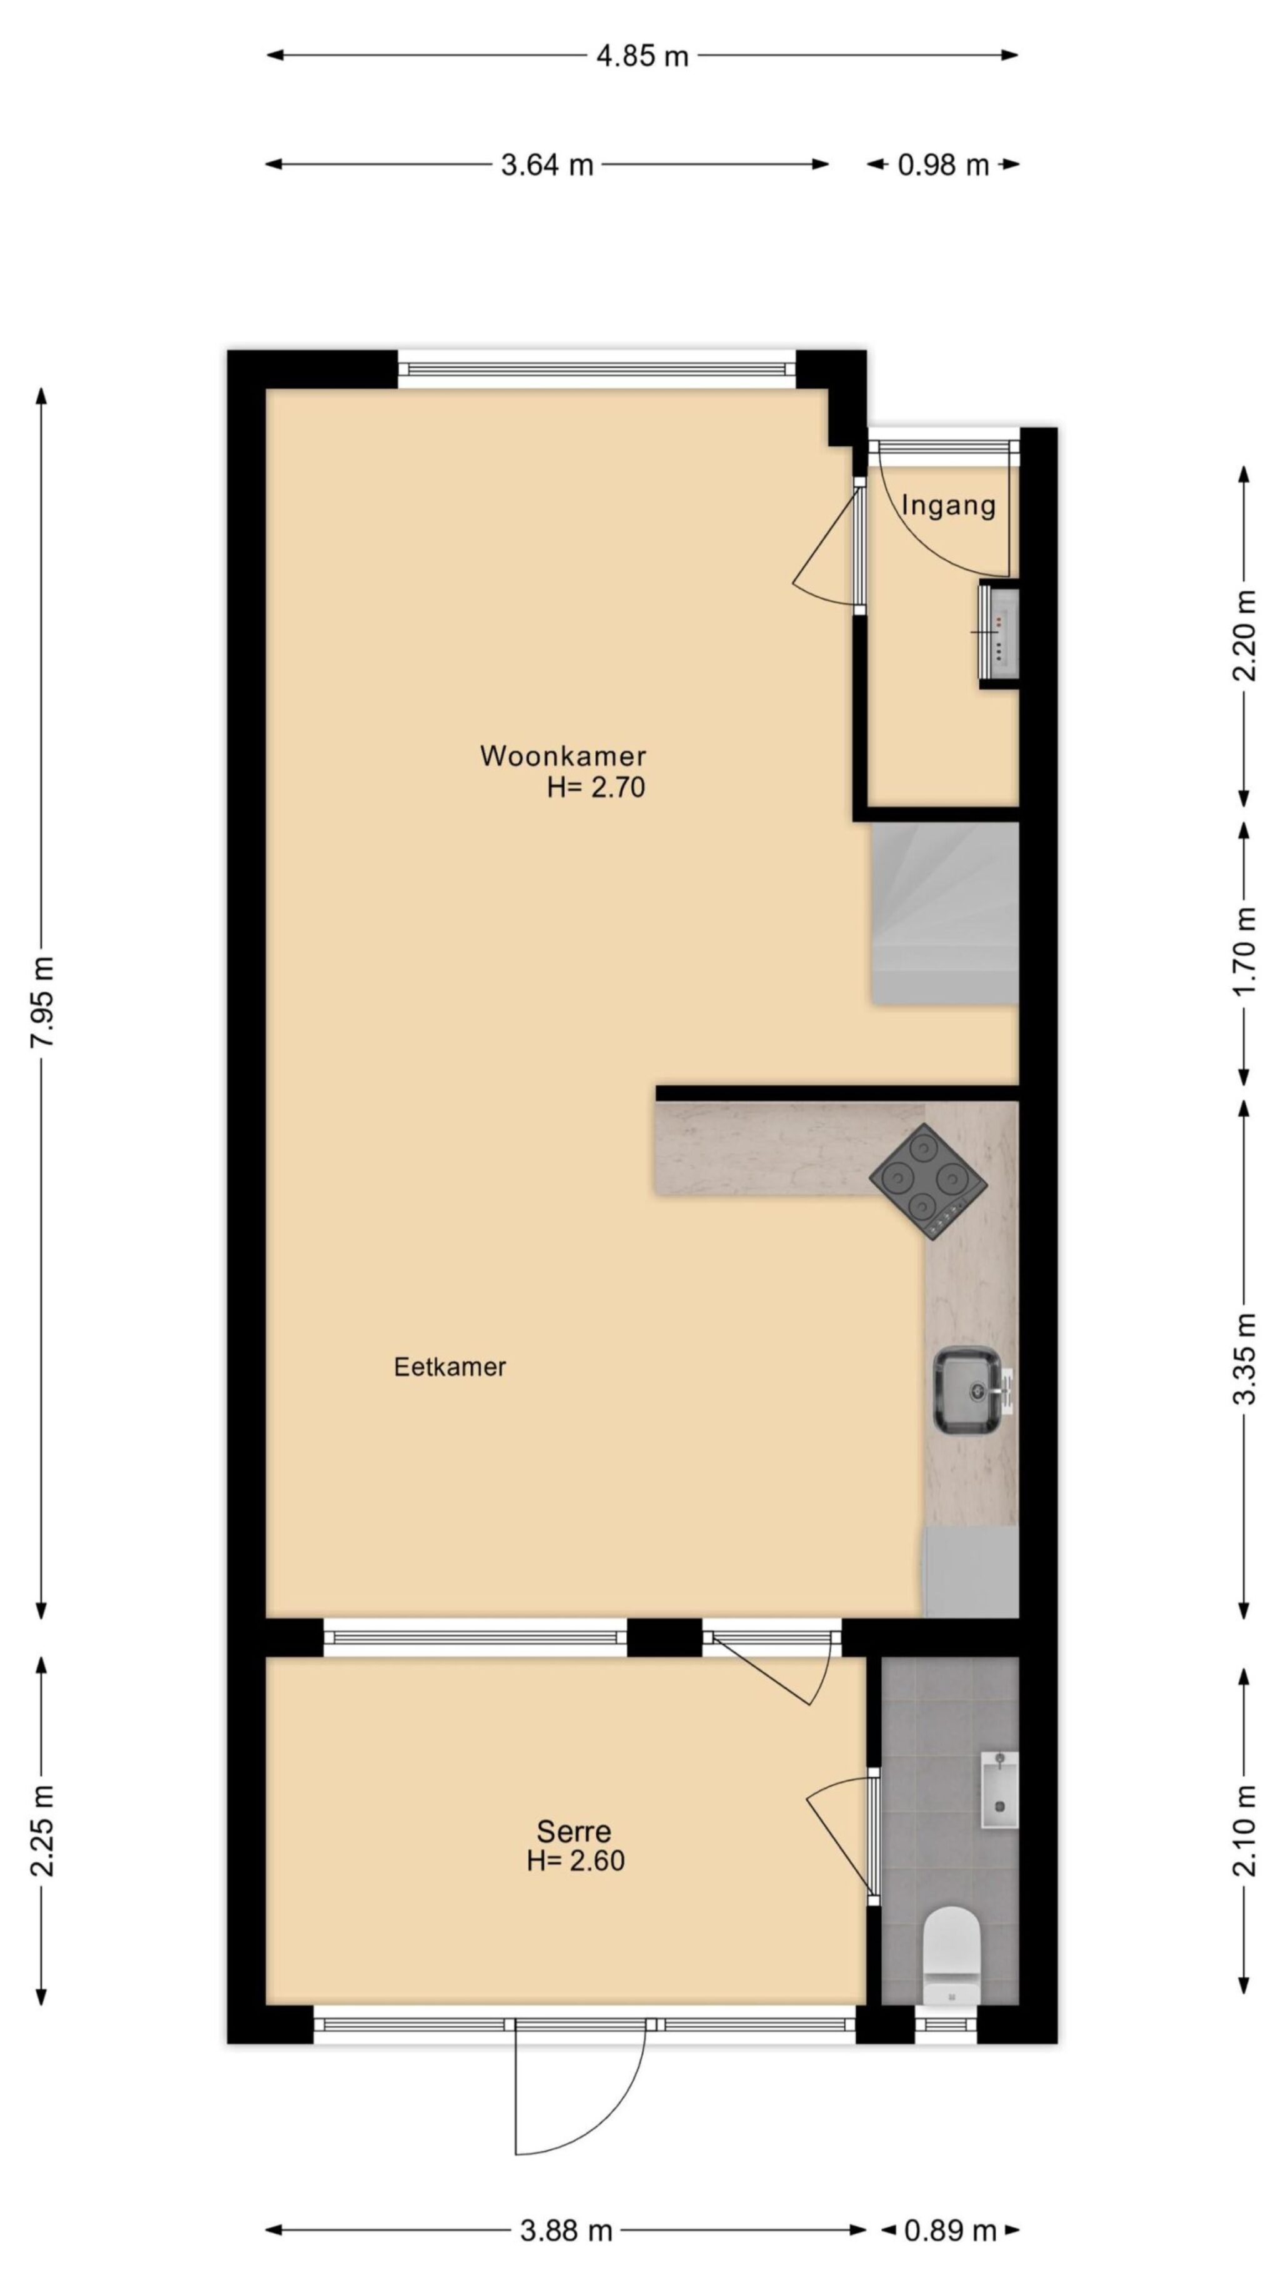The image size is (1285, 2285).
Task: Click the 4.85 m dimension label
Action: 642,56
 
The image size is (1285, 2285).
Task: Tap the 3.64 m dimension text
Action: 547,164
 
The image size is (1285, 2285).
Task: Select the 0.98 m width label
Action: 942,164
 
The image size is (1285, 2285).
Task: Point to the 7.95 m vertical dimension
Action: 42,1002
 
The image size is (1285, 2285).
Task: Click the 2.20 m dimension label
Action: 1245,635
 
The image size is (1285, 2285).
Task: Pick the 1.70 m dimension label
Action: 1245,952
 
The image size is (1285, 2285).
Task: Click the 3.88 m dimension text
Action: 566,2230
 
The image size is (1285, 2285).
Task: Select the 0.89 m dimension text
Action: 950,2230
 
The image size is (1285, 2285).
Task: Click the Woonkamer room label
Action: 563,756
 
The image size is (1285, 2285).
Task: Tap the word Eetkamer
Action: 449,1367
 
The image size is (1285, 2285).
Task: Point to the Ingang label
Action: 948,506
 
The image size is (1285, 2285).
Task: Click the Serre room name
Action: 574,1831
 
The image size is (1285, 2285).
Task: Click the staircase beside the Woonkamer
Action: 944,913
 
